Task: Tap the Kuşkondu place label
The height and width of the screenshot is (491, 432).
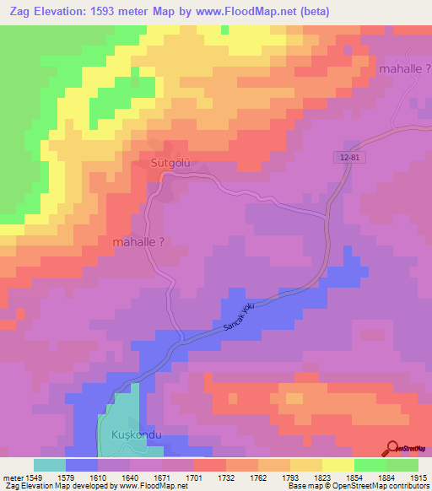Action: [136, 436]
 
